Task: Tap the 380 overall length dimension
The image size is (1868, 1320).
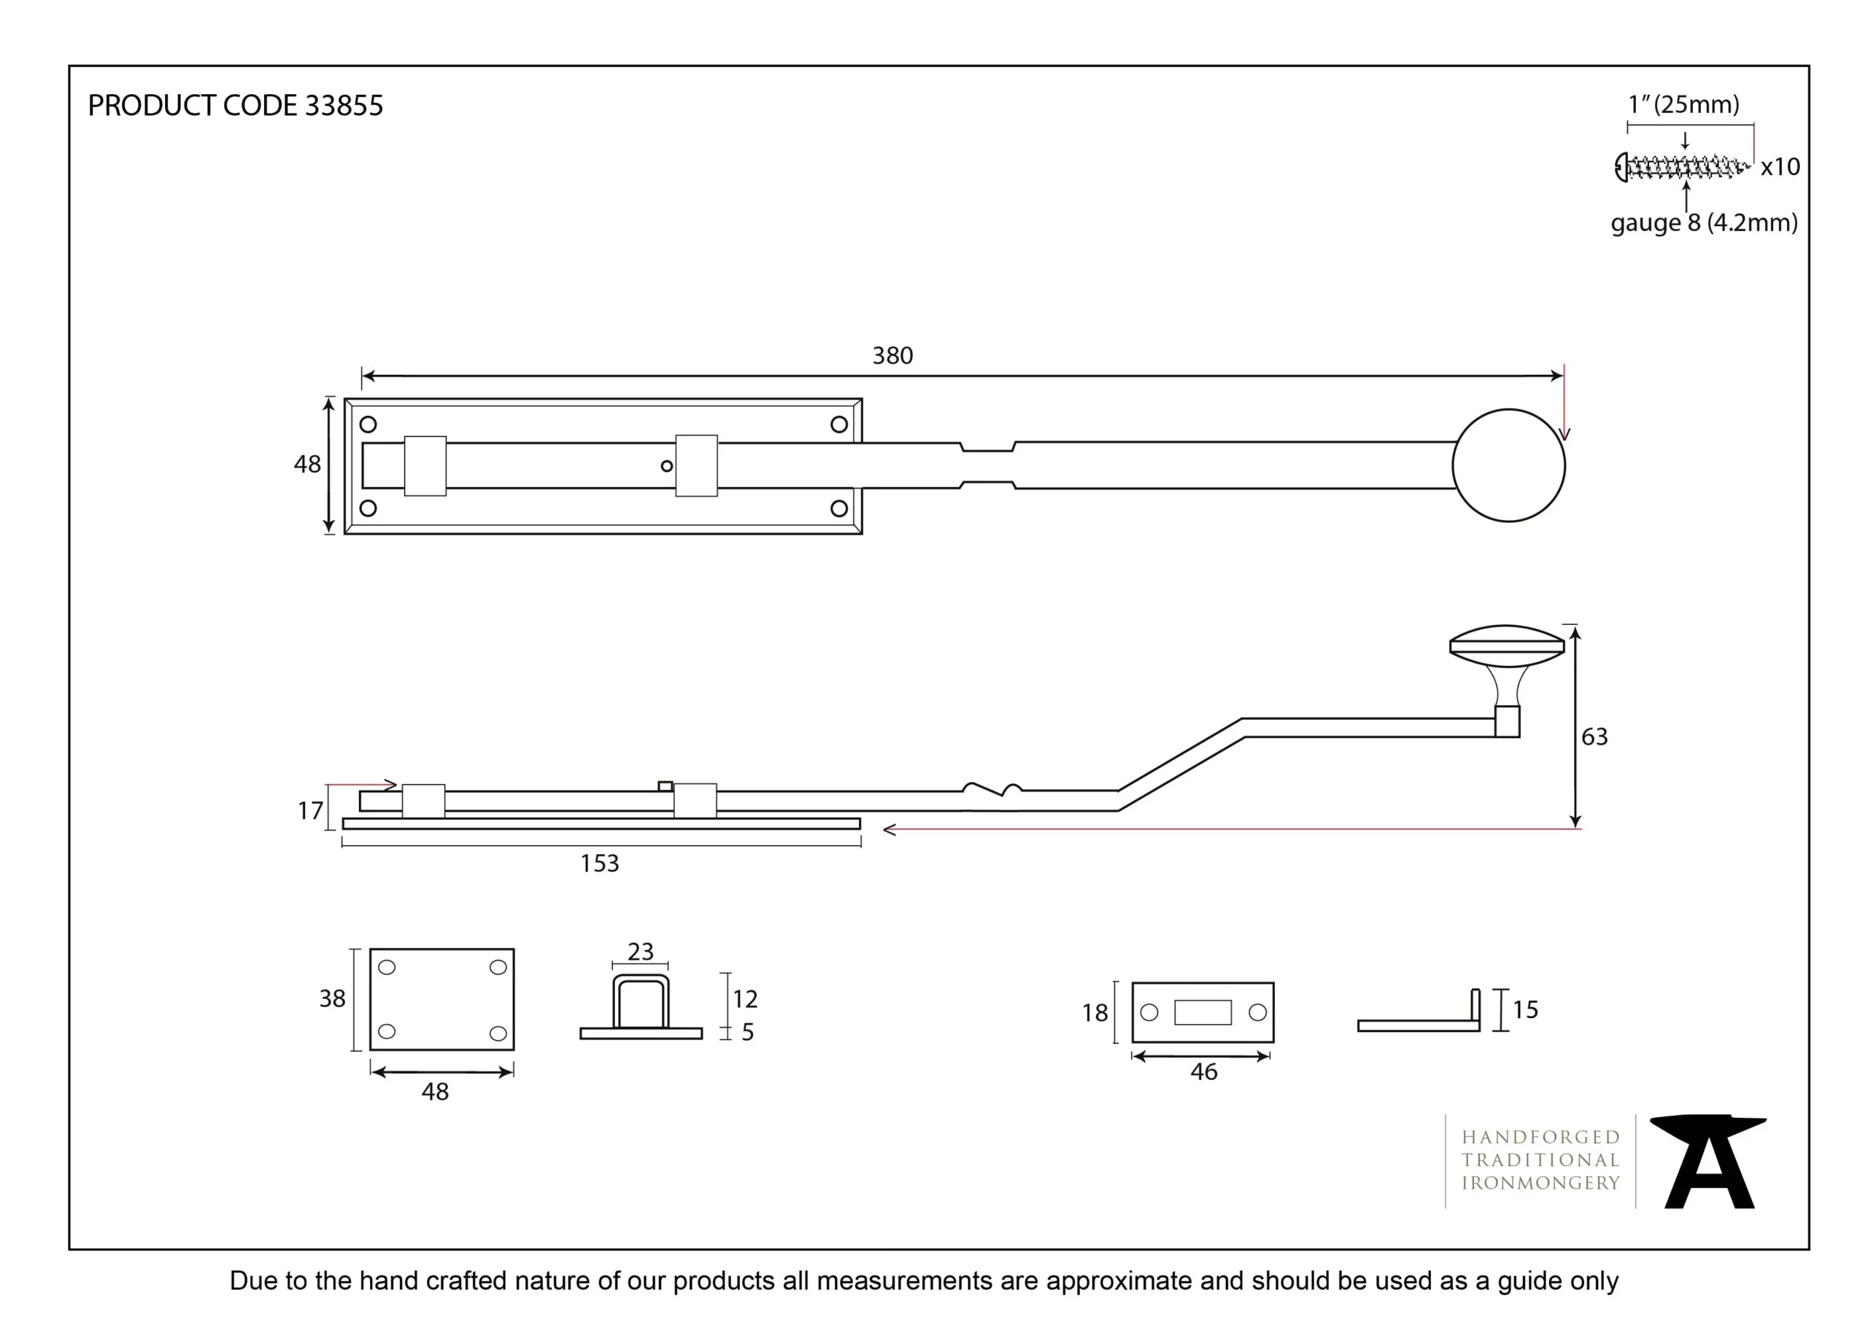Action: point(892,355)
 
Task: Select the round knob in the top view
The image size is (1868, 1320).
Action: point(1508,465)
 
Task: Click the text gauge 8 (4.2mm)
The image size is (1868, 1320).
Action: point(1704,223)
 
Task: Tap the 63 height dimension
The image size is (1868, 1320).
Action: point(1594,737)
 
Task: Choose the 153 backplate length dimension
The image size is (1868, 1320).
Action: point(599,863)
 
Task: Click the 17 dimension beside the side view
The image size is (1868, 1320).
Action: point(310,811)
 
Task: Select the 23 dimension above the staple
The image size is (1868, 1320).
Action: point(640,952)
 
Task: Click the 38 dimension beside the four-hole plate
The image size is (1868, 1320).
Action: point(332,998)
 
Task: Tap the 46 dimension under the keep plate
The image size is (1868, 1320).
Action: point(1203,1072)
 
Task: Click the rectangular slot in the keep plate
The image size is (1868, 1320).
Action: point(1203,1012)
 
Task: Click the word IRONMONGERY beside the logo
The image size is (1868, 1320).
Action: point(1540,1184)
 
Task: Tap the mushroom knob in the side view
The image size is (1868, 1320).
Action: point(1507,667)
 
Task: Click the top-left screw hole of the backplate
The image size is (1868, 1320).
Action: point(368,424)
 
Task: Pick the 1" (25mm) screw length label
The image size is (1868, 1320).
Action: point(1683,105)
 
